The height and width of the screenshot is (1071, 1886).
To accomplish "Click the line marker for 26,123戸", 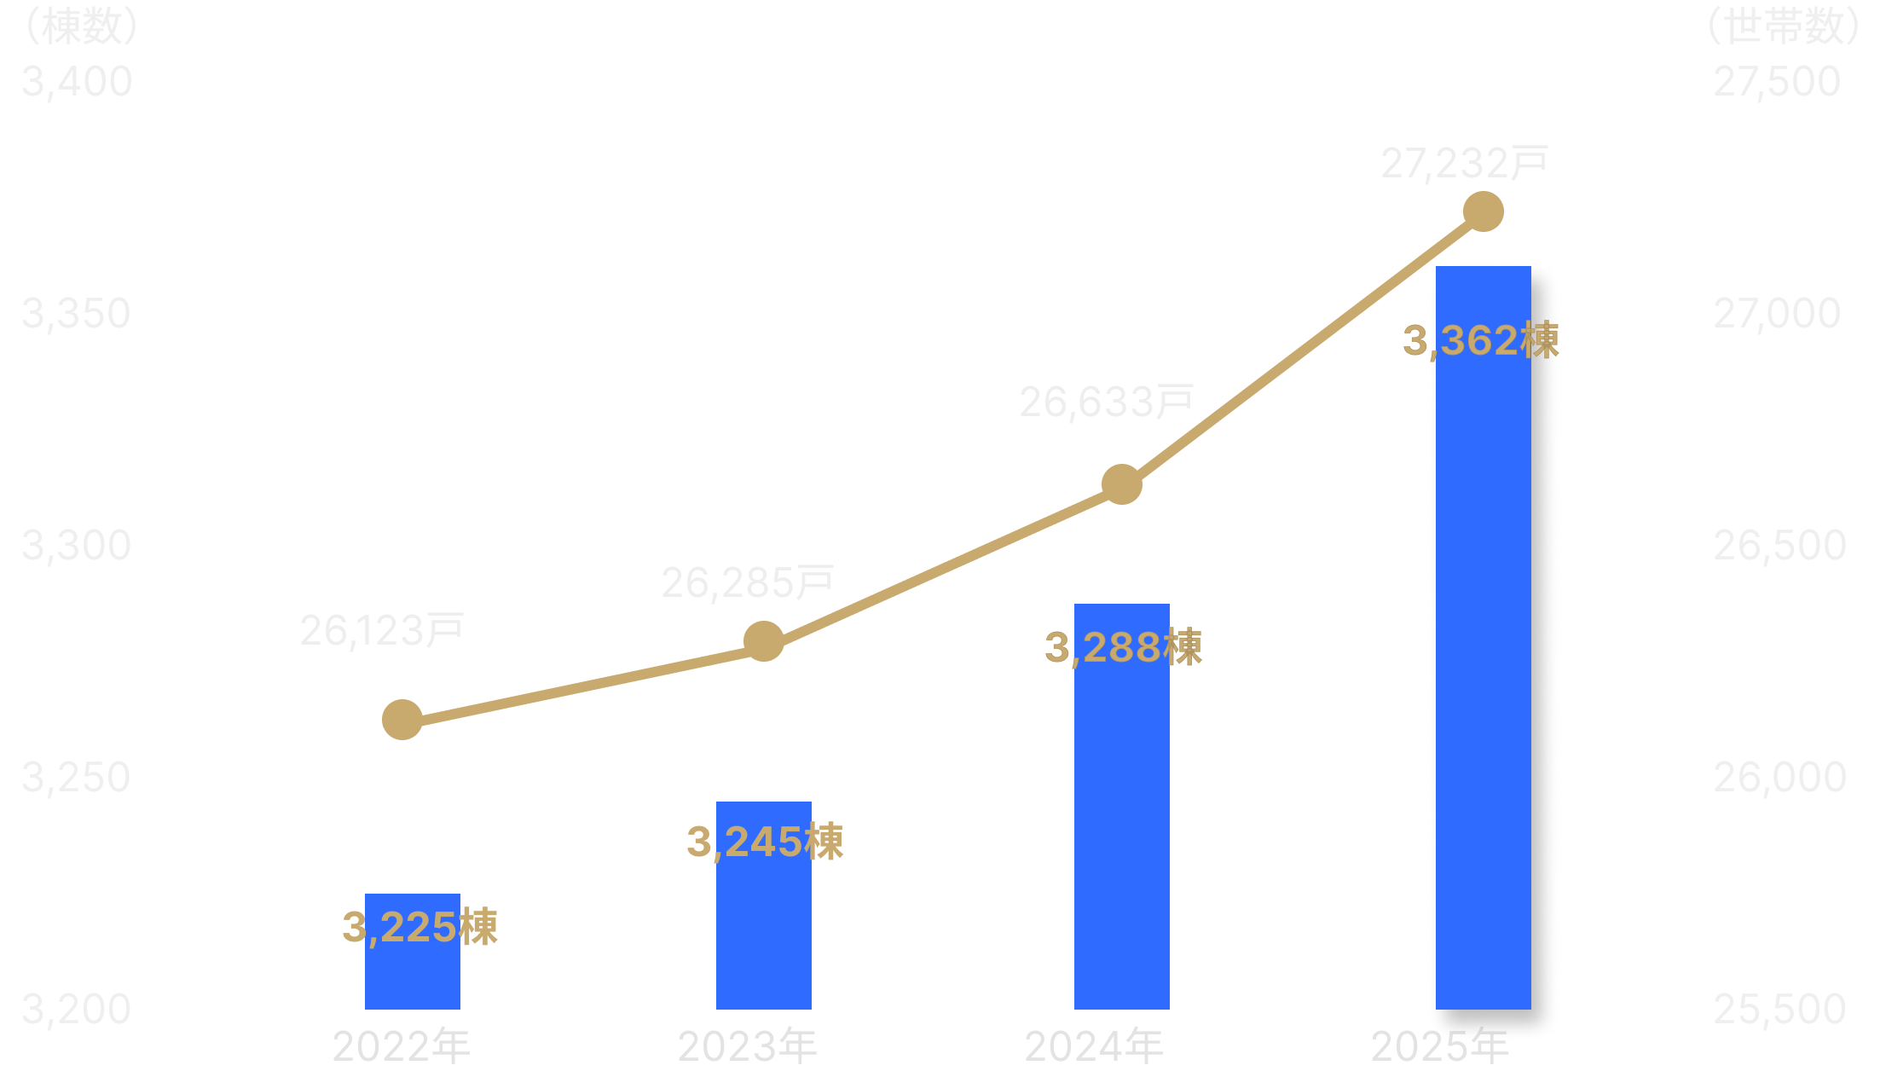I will (x=402, y=720).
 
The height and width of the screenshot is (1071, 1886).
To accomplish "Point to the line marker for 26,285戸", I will (x=764, y=641).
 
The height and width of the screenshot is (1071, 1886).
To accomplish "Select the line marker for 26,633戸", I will (x=1122, y=484).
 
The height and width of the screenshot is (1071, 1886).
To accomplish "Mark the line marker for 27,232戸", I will (x=1484, y=211).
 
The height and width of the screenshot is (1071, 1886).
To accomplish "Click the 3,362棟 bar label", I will (x=1481, y=341).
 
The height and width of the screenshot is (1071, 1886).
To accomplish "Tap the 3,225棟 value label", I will (x=419, y=928).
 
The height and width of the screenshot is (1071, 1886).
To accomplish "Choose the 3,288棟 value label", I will (x=1123, y=648).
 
